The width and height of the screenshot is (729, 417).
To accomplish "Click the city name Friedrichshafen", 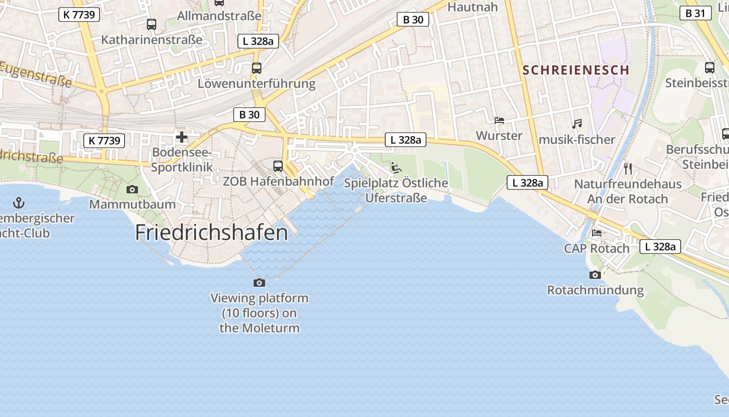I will click(x=211, y=232).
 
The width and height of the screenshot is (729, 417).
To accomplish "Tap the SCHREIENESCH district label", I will click(x=576, y=70).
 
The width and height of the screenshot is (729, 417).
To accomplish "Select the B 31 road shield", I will click(x=695, y=14).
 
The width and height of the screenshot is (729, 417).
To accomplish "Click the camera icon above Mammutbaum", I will click(x=132, y=189).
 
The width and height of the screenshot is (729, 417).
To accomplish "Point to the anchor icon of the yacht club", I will click(x=19, y=202).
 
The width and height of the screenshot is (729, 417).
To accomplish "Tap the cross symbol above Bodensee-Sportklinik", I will click(x=182, y=137).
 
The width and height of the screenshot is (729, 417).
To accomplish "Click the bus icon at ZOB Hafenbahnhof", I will click(x=278, y=166).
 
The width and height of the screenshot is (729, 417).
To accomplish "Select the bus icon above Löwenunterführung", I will click(x=256, y=68).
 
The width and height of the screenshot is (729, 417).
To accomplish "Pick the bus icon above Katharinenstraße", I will click(x=151, y=24).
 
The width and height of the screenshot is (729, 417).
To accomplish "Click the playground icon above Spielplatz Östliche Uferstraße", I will click(x=396, y=168).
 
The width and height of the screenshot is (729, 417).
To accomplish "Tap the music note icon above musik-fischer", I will click(x=576, y=124).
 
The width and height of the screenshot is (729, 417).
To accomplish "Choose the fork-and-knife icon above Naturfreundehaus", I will click(x=627, y=168).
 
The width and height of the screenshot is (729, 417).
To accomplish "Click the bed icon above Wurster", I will click(x=499, y=120).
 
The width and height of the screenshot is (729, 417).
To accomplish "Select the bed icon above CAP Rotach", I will click(x=596, y=233).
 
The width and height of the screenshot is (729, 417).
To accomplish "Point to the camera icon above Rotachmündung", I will click(x=595, y=275).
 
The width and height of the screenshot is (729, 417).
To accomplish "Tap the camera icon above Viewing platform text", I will click(x=259, y=283).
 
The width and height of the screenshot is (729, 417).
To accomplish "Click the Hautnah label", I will click(x=473, y=7).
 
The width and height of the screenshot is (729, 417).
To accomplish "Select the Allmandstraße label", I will click(x=219, y=16).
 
